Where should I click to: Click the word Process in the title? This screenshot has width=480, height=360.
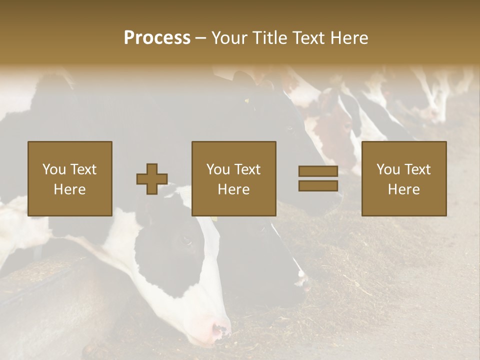[157, 38]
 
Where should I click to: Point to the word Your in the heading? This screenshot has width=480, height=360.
[229, 38]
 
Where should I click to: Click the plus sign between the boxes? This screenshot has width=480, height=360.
[152, 179]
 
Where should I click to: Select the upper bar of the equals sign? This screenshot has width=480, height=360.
[318, 171]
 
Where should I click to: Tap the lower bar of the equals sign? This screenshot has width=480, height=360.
[318, 186]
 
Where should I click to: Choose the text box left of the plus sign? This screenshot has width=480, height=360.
[70, 178]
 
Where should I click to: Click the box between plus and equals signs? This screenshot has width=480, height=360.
[234, 178]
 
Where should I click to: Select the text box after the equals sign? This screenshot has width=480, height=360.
[404, 178]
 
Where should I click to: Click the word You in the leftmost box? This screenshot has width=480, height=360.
[53, 169]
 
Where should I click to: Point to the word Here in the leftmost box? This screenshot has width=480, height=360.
[70, 189]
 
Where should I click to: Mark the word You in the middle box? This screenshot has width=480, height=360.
[218, 169]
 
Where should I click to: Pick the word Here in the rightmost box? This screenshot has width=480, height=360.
[404, 189]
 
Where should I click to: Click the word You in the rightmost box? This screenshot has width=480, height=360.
[388, 169]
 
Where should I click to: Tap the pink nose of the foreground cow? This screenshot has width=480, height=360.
[220, 330]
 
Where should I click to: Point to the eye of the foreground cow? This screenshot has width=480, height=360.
[187, 240]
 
